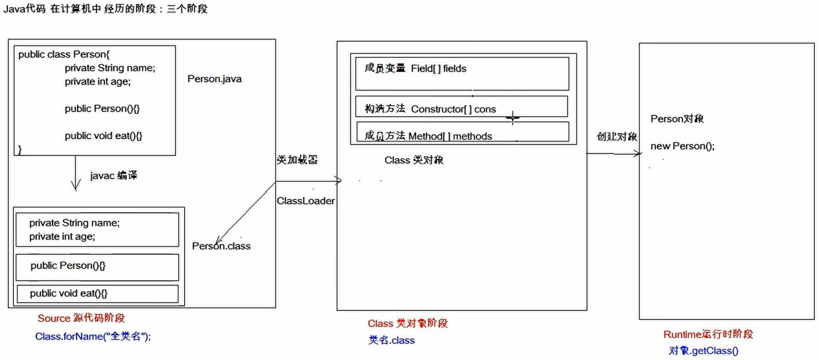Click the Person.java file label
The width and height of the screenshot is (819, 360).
(215, 79)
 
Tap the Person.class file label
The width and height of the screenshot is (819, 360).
(221, 246)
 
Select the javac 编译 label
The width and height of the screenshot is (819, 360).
(113, 175)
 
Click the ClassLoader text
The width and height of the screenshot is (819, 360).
(305, 201)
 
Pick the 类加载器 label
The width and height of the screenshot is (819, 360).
(297, 160)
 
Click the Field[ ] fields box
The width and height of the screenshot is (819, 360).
(462, 73)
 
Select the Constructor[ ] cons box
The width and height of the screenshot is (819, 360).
(462, 107)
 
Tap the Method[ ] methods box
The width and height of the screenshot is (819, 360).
(463, 133)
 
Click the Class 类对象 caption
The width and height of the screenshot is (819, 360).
(414, 160)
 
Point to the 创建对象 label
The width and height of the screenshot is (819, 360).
(616, 136)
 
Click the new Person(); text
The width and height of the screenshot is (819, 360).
(683, 146)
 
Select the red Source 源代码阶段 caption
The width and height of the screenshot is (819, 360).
(81, 318)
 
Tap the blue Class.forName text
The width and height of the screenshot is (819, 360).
(93, 337)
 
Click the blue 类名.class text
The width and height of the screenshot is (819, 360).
(391, 340)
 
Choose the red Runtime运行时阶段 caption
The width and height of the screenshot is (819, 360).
(708, 334)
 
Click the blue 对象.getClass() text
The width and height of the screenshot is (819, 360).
(703, 351)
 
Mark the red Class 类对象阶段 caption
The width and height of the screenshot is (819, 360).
(407, 323)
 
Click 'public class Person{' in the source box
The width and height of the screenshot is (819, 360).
(64, 54)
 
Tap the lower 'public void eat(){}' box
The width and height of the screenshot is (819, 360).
(97, 294)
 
